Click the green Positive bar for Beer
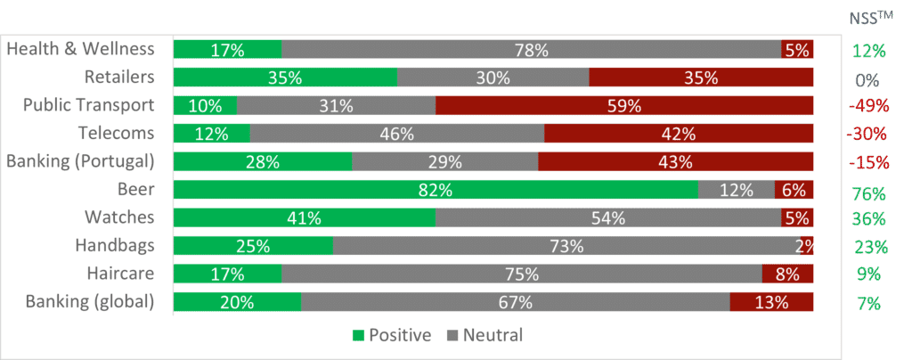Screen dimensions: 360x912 [436, 190]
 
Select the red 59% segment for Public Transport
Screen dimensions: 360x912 [624, 106]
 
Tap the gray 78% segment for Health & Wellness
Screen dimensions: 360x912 [531, 50]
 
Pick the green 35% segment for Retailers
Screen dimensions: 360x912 [285, 78]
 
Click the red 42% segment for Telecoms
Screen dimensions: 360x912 [679, 134]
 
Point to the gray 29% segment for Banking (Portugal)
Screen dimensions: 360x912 [445, 162]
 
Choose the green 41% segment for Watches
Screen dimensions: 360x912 [305, 217]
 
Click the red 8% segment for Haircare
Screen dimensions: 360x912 [787, 274]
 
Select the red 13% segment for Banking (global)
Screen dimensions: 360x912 [771, 302]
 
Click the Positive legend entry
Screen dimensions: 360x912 [392, 336]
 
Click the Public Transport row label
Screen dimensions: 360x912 [88, 105]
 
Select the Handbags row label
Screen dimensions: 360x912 [114, 245]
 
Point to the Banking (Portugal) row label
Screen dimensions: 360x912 [80, 161]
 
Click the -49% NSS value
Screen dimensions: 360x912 [868, 106]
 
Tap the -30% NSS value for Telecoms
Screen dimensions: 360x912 [868, 135]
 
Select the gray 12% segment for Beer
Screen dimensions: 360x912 [736, 190]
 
